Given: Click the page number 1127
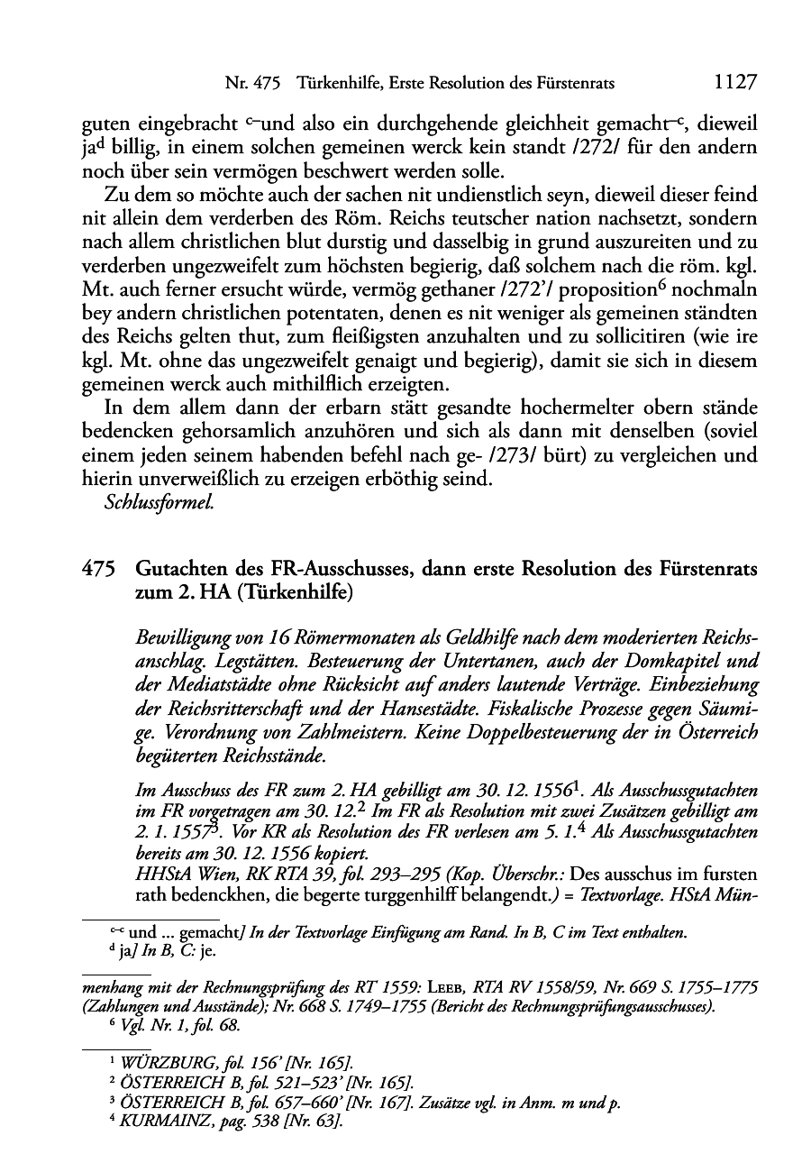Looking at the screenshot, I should point(734,83).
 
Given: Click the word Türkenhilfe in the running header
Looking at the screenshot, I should point(324,84).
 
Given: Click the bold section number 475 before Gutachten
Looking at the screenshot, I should point(98,569).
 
